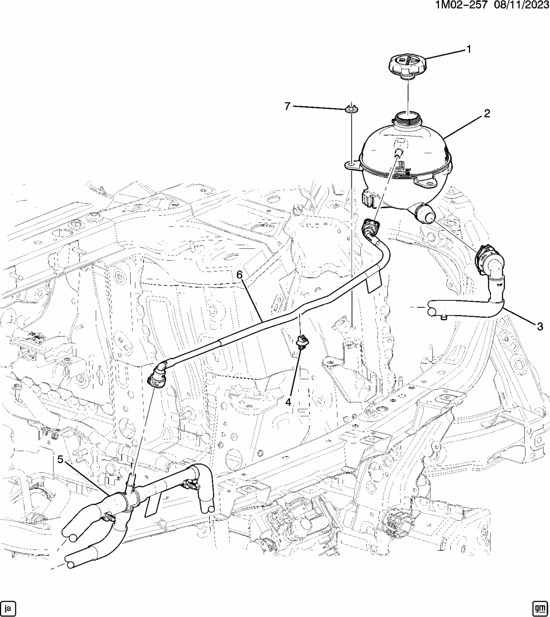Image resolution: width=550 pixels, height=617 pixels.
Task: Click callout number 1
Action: (467, 49)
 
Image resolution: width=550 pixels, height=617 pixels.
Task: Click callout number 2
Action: (487, 114)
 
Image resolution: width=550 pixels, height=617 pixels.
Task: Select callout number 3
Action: (540, 326)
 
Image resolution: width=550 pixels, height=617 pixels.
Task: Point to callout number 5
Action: (61, 459)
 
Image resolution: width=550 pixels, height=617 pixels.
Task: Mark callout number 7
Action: (287, 106)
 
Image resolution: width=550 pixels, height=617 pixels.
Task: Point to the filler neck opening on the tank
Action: (406, 119)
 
